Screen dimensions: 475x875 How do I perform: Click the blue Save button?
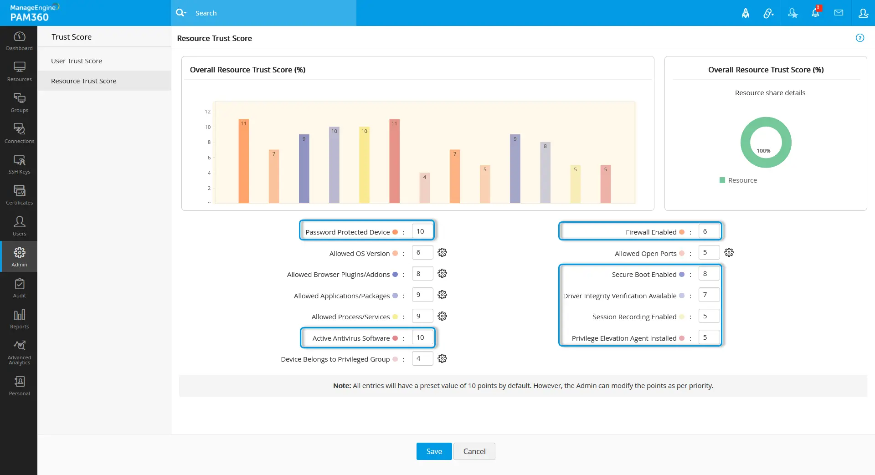[434, 451]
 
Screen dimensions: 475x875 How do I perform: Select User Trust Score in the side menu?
[77, 61]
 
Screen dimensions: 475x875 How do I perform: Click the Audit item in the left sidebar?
[19, 288]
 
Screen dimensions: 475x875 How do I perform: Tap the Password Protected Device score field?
[422, 231]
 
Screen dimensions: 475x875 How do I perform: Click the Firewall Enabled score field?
[709, 231]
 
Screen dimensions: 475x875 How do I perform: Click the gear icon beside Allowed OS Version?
[442, 253]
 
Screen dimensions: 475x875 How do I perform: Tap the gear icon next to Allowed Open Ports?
[729, 253]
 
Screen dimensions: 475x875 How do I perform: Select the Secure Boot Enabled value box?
[709, 274]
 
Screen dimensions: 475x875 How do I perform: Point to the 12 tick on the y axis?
[208, 112]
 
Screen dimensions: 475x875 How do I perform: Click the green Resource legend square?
[722, 180]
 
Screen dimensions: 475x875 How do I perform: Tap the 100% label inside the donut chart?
[763, 151]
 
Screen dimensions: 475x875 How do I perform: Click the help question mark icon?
[860, 38]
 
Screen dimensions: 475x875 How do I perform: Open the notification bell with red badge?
[815, 13]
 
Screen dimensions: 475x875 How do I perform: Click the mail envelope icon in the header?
[839, 13]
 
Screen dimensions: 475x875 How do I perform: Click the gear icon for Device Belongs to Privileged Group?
[442, 359]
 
